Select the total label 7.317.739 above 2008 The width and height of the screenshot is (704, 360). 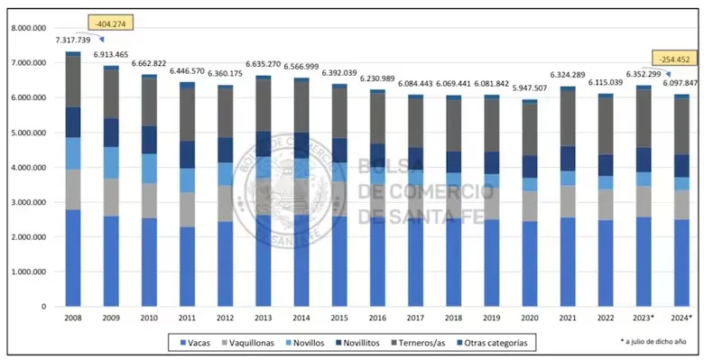pyautogui.click(x=73, y=41)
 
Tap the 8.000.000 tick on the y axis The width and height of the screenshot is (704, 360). pyautogui.click(x=31, y=28)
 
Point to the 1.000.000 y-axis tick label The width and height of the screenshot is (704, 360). pyautogui.click(x=31, y=272)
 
